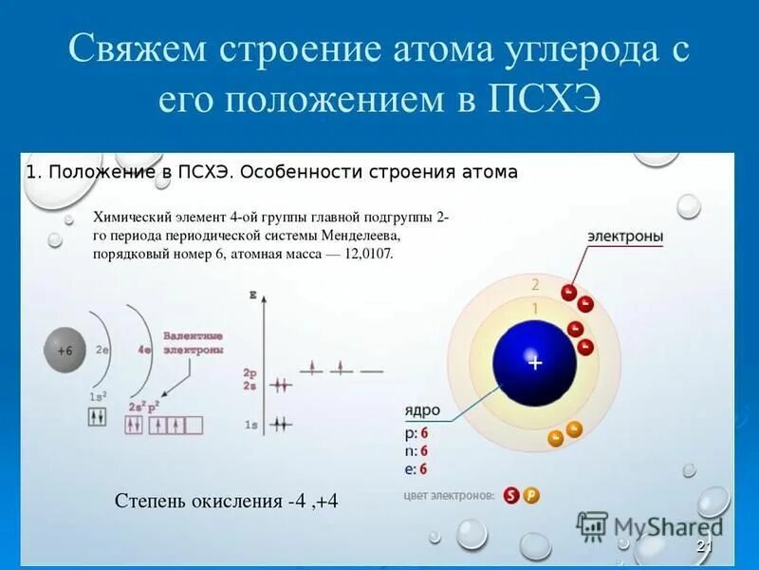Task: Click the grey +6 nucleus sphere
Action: tap(65, 350)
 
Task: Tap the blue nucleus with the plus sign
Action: tap(534, 362)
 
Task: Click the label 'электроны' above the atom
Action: tap(624, 236)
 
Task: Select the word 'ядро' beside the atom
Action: tap(422, 410)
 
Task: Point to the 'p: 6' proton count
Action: tap(417, 432)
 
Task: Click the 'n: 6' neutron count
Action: tap(417, 450)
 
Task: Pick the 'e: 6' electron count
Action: tap(417, 468)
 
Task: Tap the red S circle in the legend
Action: tap(512, 496)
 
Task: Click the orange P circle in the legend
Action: tap(530, 496)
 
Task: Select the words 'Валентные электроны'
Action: tap(193, 343)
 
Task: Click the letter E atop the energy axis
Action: tap(252, 296)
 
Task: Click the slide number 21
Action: tap(704, 545)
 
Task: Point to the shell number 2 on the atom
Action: tap(535, 284)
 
